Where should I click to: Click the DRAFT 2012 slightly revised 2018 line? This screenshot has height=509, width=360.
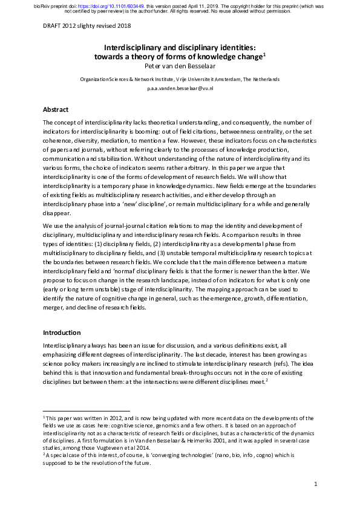[x=87, y=26]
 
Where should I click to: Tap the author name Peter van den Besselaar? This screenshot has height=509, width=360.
[x=180, y=66]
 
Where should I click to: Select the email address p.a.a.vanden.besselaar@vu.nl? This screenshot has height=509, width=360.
[x=180, y=88]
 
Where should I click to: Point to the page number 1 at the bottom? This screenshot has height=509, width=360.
[x=316, y=484]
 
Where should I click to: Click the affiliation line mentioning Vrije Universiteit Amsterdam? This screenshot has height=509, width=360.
[x=180, y=79]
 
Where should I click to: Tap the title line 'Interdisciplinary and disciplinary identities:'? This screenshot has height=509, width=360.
[x=180, y=47]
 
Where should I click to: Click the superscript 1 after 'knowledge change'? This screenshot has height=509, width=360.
[x=265, y=54]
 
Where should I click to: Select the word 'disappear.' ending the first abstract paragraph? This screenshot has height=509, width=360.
[x=56, y=212]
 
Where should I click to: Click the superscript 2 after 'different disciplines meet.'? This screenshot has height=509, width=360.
[x=266, y=380]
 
